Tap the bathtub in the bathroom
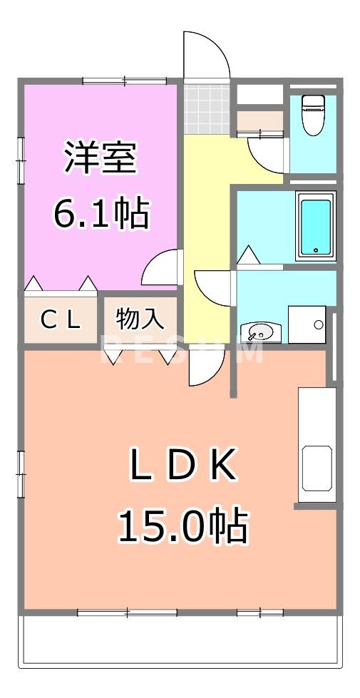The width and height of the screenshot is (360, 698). click(316, 226)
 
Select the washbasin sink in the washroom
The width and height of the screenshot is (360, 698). click(260, 332)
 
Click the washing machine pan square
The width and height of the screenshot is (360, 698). click(307, 324)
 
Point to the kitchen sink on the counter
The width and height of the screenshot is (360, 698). click(317, 468)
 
